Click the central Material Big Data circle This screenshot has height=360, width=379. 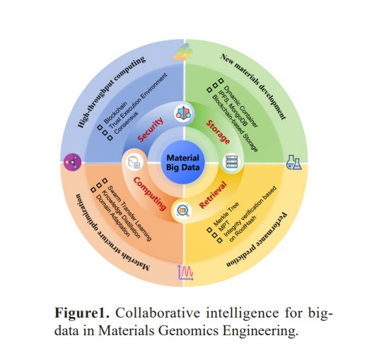tap(183, 163)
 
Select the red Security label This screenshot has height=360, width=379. tap(150, 129)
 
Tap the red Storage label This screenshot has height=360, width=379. tap(218, 132)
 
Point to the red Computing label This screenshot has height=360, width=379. tap(150, 194)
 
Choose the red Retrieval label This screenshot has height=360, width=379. tap(214, 194)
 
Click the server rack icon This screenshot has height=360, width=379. tap(232, 162)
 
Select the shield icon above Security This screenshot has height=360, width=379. tap(183, 113)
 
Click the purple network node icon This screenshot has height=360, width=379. tap(73, 162)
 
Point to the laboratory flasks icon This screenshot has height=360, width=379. tap(293, 162)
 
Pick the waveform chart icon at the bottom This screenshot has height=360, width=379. tap(186, 272)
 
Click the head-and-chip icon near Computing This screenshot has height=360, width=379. tap(134, 162)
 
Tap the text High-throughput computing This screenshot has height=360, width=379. tap(111, 92)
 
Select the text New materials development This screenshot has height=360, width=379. tap(253, 86)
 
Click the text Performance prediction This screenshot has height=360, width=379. tap(257, 240)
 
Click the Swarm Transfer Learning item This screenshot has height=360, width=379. tap(129, 214)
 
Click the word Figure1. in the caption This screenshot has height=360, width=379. tap(82, 313)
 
